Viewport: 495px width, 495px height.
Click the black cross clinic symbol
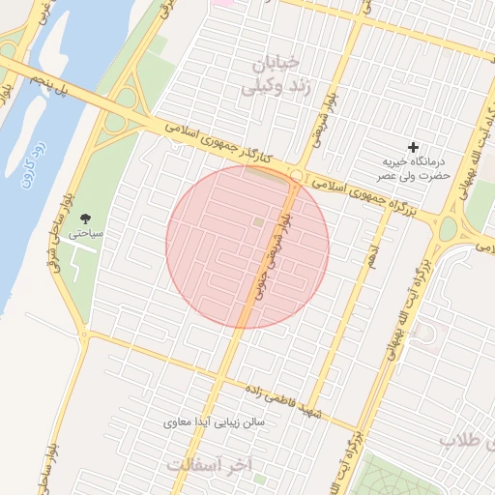click(x=414, y=147)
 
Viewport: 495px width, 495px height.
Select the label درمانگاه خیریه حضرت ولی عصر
click(x=415, y=168)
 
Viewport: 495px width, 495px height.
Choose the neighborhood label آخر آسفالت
click(x=209, y=464)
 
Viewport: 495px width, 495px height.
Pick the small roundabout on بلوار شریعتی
click(x=297, y=175)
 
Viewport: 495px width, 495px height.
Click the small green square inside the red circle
click(x=257, y=224)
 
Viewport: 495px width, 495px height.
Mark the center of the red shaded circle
click(x=247, y=247)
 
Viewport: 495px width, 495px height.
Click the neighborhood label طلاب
click(x=467, y=440)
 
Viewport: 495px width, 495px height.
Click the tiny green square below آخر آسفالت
click(x=259, y=477)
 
